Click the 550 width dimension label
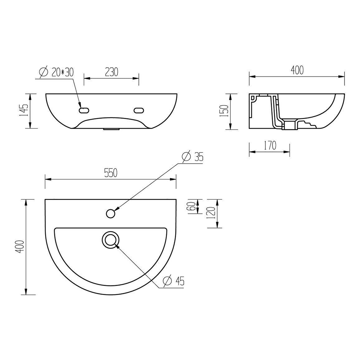pos(111,173)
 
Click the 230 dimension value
pos(112,72)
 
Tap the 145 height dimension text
pos(24,110)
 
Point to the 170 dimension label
pos(270,146)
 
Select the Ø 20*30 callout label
pos(56,72)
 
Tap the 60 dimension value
pos(192,206)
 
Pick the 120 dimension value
pos(211,213)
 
